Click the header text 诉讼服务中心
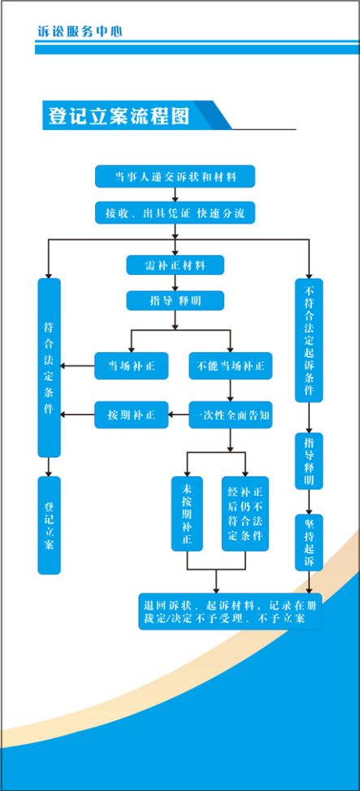[x=80, y=31]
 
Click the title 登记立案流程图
[x=119, y=115]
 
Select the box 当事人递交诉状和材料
[x=175, y=176]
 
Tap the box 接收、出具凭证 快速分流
[x=175, y=212]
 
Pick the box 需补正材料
[x=175, y=265]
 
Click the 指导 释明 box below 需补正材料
[x=175, y=301]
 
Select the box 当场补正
[x=132, y=366]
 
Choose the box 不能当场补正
[x=231, y=366]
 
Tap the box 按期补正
[x=132, y=415]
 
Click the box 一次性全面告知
[x=231, y=415]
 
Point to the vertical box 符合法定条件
[x=49, y=367]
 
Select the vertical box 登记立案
[x=49, y=525]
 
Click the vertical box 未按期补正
[x=187, y=514]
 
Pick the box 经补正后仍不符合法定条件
[x=245, y=514]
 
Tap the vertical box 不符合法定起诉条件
[x=309, y=340]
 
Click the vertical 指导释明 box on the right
[x=309, y=461]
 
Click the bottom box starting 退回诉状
[x=230, y=611]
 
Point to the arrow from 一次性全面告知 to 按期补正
[x=179, y=415]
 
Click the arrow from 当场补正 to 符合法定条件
[x=78, y=366]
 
